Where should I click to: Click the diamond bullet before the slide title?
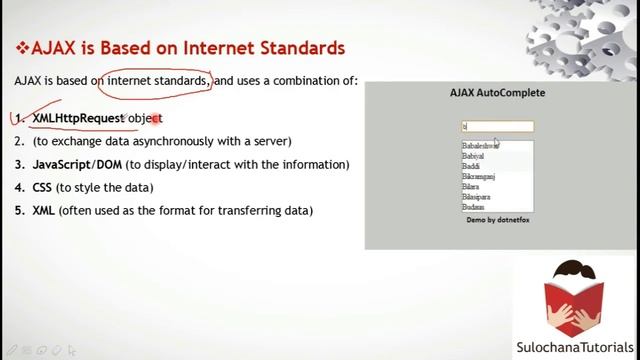(x=22, y=47)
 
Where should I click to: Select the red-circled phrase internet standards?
(x=157, y=80)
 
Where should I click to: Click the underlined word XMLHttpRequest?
(x=78, y=118)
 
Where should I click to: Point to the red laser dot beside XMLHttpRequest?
(x=156, y=118)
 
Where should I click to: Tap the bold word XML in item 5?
(x=43, y=210)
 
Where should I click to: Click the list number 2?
(x=20, y=141)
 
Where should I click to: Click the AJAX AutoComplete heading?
(x=497, y=93)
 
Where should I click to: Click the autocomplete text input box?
(x=497, y=126)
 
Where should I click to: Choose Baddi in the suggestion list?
(x=471, y=166)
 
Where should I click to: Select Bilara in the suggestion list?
(x=470, y=186)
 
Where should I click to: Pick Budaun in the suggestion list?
(x=473, y=207)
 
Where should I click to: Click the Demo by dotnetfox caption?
(x=497, y=219)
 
